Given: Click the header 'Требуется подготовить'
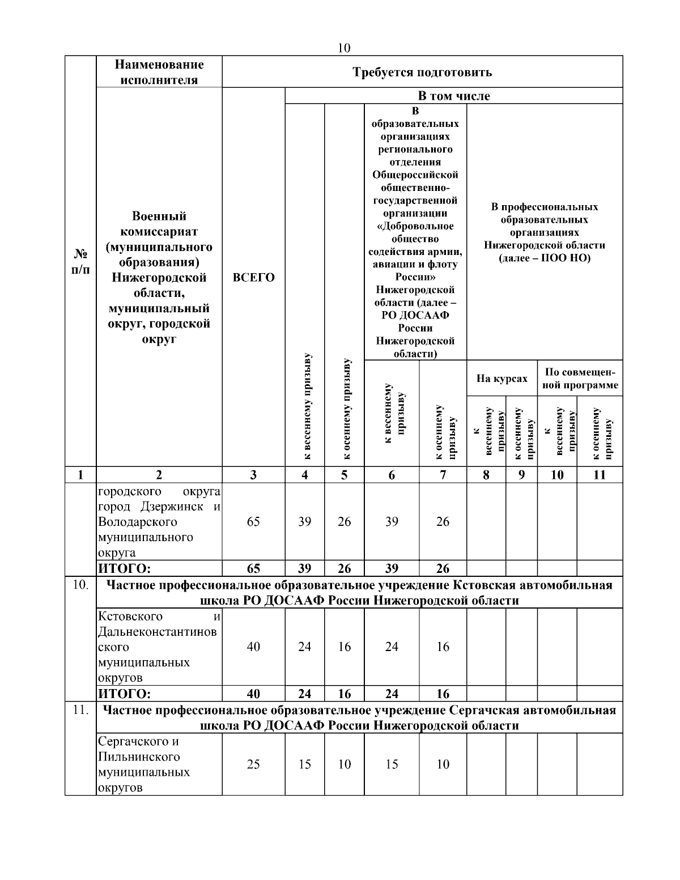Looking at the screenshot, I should coord(422,72).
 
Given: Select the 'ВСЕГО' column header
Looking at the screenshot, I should coord(253,278).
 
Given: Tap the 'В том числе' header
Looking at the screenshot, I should coord(454,96).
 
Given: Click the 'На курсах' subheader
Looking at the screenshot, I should coord(501,378).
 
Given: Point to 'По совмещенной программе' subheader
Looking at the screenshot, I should coord(580,378).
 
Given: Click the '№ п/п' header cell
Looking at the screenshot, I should coord(80,261).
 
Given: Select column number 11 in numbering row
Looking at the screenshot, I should coord(600,475).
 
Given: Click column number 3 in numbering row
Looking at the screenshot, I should coord(253,475).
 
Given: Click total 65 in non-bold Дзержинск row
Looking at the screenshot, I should coord(253,521).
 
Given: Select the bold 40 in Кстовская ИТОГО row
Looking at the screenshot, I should coord(253,694).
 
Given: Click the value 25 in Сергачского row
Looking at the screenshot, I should coord(253,764).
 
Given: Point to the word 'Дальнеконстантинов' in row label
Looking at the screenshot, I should coord(158,632).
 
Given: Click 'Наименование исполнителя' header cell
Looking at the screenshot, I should coord(159,72).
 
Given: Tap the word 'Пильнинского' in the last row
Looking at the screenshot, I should coord(139,757).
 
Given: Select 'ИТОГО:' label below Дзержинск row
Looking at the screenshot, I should coord(125,568).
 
